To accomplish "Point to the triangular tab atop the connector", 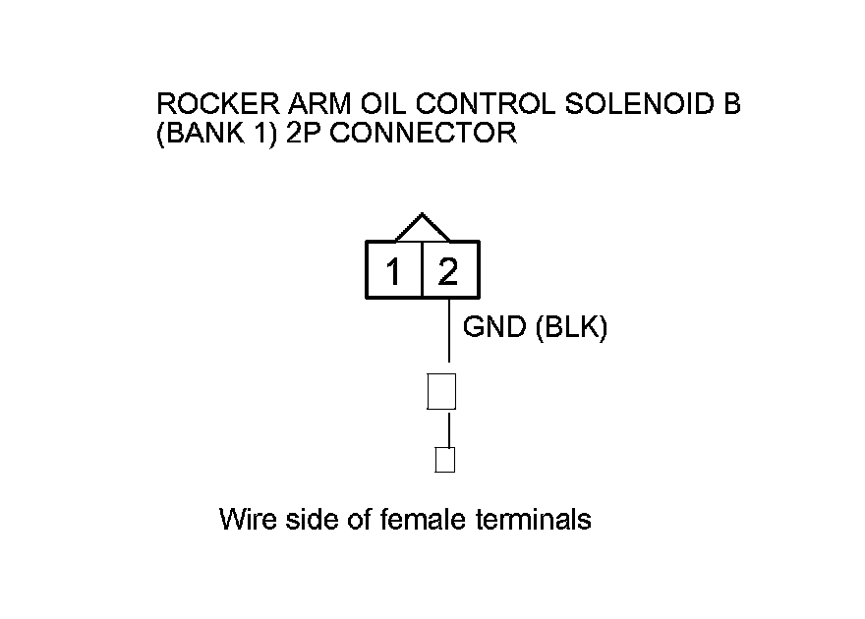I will click(x=422, y=227).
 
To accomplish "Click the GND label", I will click(x=494, y=328).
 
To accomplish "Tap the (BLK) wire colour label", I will click(x=571, y=328).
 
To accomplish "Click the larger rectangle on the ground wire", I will click(x=441, y=391).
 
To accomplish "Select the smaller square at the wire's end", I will click(x=445, y=460).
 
